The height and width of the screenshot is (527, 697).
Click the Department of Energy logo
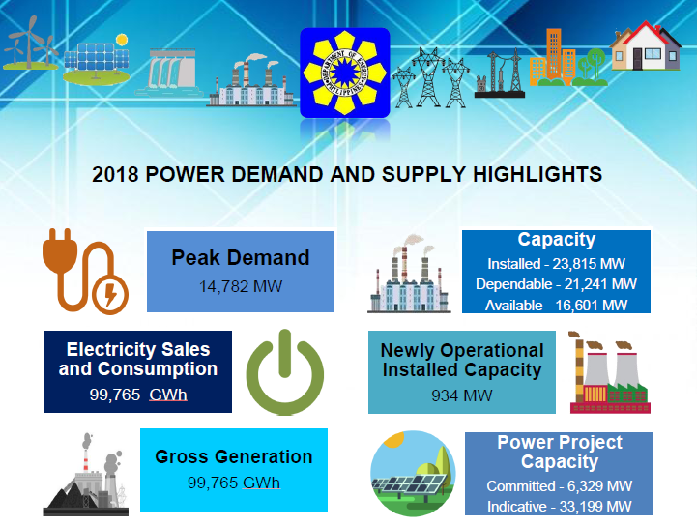pos(345,73)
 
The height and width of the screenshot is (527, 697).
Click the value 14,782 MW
pos(241,286)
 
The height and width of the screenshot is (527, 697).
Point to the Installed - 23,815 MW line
pos(557,264)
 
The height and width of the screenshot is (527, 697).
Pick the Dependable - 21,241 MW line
pos(557,284)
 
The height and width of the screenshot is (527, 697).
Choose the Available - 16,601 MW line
pos(557,306)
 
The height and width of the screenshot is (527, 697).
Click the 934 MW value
pos(462,395)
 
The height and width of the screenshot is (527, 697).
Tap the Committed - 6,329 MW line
pos(559,486)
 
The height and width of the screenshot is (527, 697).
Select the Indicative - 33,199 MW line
pos(559,507)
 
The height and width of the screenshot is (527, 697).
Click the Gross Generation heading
pos(234,456)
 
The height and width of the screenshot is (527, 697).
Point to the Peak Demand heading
pos(241,257)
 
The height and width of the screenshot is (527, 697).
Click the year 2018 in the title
pos(115,174)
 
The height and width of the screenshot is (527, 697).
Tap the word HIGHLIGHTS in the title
pos(537,174)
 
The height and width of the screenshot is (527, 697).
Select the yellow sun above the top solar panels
pos(122,40)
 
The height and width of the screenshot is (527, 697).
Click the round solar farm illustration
pos(413,473)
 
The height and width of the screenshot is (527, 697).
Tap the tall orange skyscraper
pos(554,55)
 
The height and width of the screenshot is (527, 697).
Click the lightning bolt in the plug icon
pos(110,294)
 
